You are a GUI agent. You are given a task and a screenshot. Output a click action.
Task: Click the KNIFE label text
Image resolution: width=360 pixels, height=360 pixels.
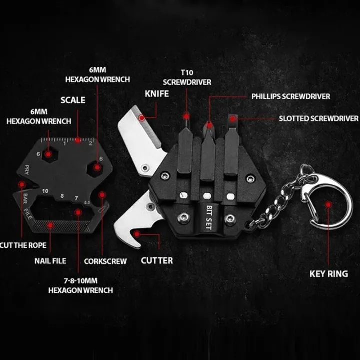(x=156, y=93)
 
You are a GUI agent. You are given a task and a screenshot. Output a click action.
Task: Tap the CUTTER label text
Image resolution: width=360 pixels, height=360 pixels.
(x=157, y=260)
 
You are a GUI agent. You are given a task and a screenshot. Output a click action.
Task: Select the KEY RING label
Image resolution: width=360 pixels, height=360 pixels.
(x=328, y=273)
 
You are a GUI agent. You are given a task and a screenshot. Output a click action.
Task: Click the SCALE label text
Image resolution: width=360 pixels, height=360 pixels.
(x=73, y=100)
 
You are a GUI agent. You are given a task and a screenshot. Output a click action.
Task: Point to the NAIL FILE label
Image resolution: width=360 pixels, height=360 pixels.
(x=50, y=260)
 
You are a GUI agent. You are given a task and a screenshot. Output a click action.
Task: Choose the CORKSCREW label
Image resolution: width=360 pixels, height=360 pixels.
(x=105, y=261)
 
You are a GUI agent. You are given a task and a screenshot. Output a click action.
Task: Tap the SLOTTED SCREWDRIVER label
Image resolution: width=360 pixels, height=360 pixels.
(x=318, y=118)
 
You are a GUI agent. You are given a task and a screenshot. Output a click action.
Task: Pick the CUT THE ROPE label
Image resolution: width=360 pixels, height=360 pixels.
(x=23, y=245)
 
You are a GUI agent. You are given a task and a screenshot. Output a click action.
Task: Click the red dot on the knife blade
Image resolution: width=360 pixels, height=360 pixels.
(x=142, y=118)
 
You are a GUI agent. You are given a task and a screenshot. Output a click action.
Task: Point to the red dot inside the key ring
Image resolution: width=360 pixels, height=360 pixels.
(x=328, y=205)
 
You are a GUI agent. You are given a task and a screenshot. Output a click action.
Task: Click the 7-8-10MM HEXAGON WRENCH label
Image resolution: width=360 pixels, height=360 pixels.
(x=80, y=285)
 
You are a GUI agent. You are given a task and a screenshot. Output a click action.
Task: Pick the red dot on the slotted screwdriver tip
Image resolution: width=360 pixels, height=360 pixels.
(x=232, y=118)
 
